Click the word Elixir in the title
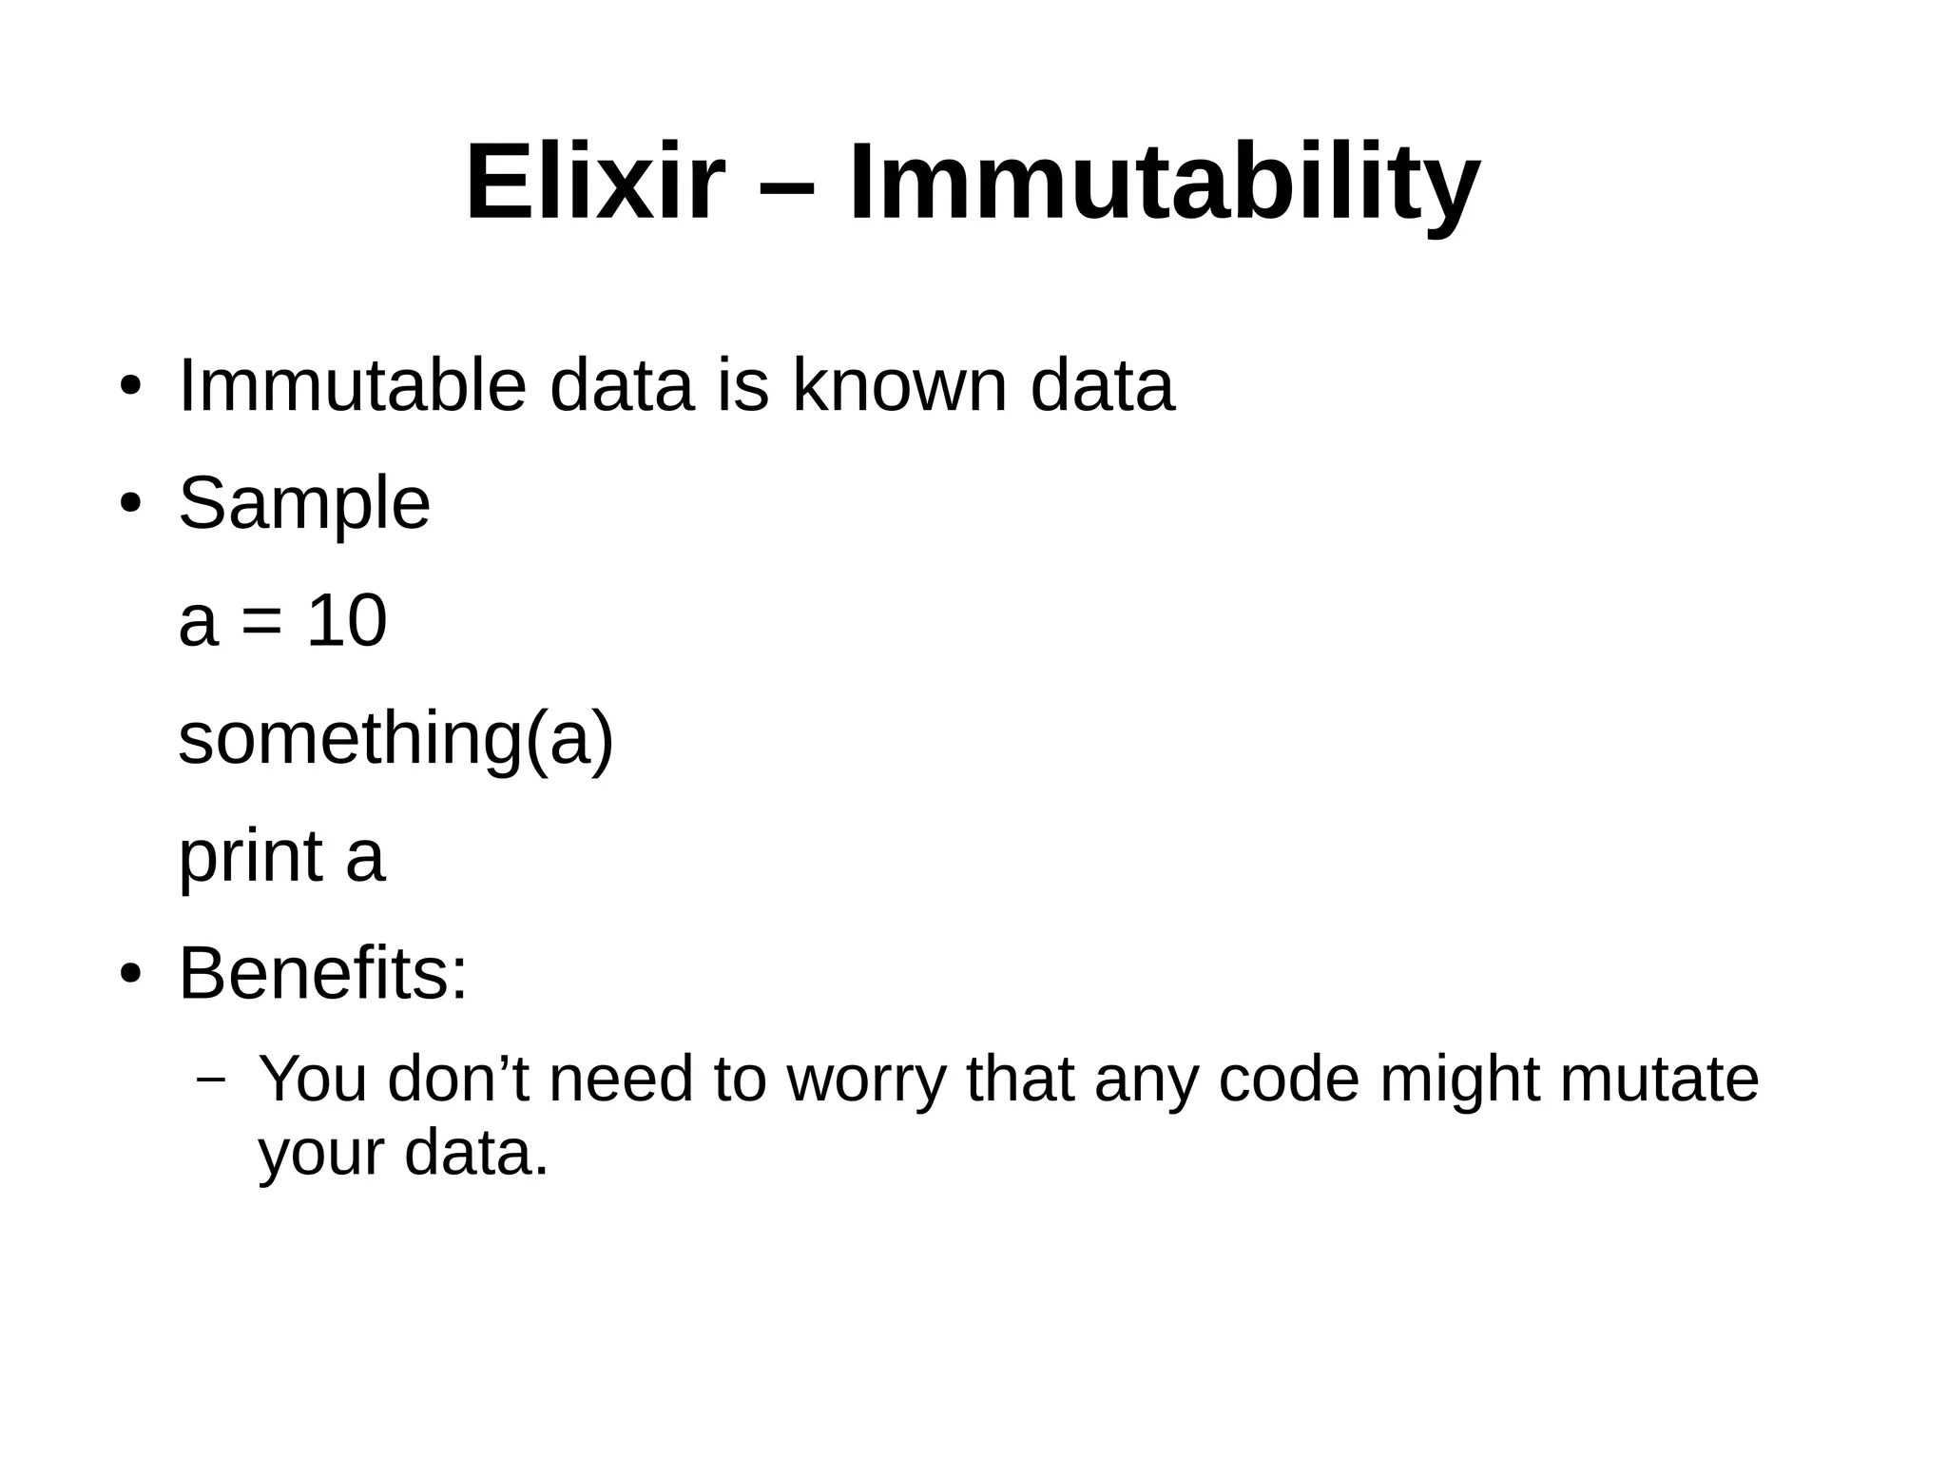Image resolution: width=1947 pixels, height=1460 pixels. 595,182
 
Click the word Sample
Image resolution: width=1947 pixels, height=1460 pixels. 304,504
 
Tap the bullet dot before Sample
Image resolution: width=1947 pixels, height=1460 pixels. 130,503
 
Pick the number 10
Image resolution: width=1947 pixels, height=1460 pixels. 347,621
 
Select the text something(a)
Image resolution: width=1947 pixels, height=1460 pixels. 396,739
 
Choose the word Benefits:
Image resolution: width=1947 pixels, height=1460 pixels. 323,974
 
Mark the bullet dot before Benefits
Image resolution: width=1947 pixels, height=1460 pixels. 130,975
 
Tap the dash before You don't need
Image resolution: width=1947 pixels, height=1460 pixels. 210,1080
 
